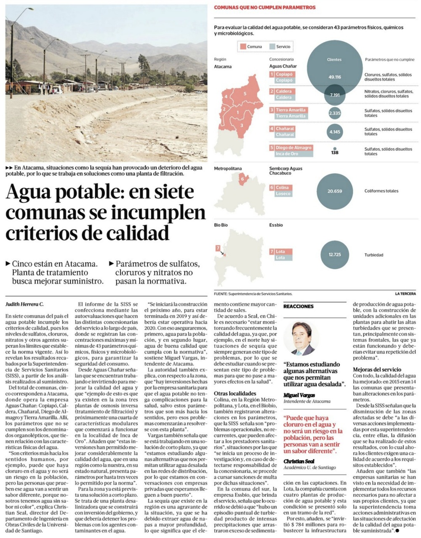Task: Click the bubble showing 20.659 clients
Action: tap(335, 191)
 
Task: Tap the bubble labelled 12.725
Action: tap(335, 254)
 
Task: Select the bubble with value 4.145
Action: tap(335, 132)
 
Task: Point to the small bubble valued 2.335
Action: tap(335, 113)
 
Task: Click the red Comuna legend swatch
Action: tap(243, 47)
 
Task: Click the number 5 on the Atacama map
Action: tap(245, 94)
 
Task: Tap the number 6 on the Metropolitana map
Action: tap(242, 179)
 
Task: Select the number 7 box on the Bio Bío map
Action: tap(218, 248)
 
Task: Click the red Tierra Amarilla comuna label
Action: tap(290, 110)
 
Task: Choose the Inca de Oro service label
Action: tap(287, 154)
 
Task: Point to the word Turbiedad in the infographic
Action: tap(373, 255)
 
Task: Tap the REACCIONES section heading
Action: tap(298, 306)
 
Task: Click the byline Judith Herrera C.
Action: tap(24, 304)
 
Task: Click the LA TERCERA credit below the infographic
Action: tap(405, 294)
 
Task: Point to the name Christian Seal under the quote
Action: tap(299, 461)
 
